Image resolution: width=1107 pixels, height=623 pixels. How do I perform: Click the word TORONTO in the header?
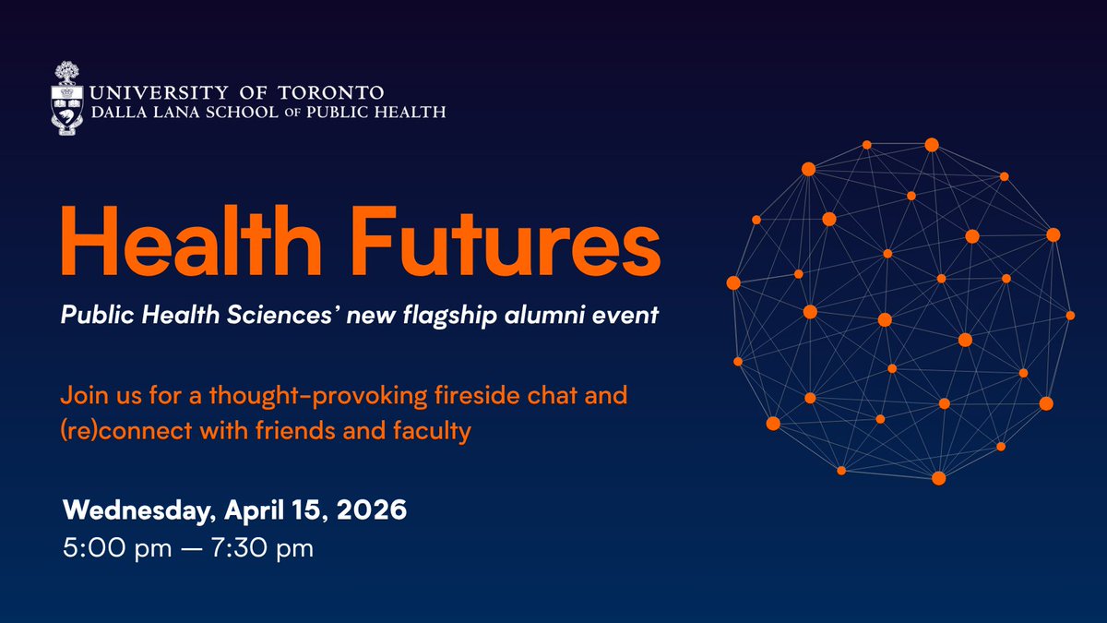(333, 93)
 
